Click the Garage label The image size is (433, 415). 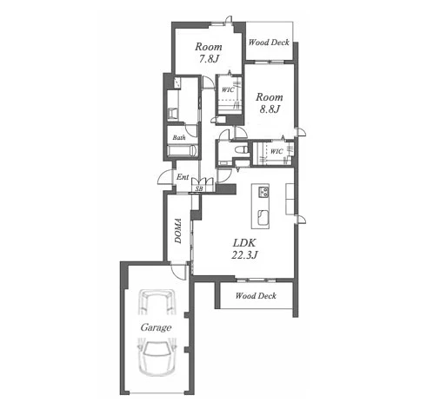pos(156,327)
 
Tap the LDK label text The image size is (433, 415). pos(244,242)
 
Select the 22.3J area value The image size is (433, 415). pos(244,254)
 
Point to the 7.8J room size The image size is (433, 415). pos(209,59)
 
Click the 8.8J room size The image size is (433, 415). pos(270,109)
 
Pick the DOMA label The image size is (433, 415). pos(178,231)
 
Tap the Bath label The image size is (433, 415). pos(179,137)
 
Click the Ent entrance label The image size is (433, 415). pos(183,177)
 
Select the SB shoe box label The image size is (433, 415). pos(199,188)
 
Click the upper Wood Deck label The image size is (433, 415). pos(269,43)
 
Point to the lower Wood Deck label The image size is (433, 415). pos(256,295)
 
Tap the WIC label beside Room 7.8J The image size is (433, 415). pos(228,89)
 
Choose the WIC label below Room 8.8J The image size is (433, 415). pos(276,151)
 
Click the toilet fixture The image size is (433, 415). pos(241,149)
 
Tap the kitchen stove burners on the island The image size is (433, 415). pos(263,192)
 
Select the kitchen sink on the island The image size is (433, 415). pos(263,217)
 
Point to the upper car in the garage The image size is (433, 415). pos(157,302)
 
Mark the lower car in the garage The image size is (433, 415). pos(157,357)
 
